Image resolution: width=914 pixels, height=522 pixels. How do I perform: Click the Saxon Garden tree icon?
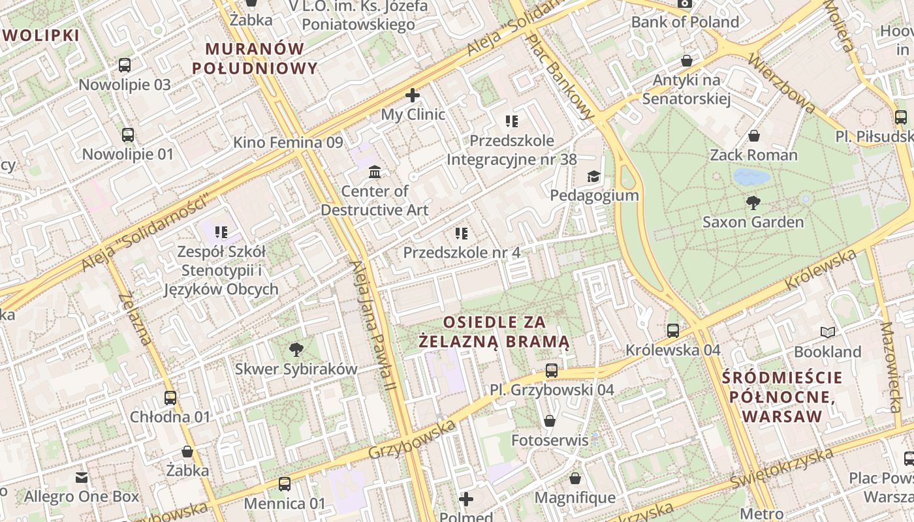point(753,202)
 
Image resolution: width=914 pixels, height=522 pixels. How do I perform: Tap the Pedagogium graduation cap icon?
point(593,176)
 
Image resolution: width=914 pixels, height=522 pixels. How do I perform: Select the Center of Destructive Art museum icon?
point(375,172)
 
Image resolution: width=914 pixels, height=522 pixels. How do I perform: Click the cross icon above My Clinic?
point(413,95)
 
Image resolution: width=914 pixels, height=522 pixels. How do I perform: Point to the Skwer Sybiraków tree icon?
point(296,349)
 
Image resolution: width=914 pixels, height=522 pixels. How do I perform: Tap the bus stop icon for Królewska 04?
point(673,331)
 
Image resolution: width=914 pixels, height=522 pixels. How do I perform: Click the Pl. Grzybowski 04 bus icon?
point(552,371)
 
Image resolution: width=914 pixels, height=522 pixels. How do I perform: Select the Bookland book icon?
point(828,333)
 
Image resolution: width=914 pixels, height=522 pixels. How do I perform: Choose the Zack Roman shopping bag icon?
point(754,136)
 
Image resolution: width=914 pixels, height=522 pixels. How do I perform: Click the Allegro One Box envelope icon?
point(82,478)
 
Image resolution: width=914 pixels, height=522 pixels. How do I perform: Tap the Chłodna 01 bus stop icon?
point(170,397)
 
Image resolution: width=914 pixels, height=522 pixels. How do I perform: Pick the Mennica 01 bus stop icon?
point(285,484)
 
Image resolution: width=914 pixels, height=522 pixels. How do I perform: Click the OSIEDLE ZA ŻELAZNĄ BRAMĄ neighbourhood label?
point(503,331)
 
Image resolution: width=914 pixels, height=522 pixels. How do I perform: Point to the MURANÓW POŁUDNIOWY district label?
point(255,58)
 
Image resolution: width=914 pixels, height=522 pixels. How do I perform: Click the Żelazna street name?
point(136,319)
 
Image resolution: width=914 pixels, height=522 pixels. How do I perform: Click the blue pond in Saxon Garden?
point(751,177)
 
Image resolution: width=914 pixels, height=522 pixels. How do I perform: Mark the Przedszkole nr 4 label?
point(462,253)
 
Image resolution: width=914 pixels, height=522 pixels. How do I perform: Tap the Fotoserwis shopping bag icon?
point(550,421)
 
